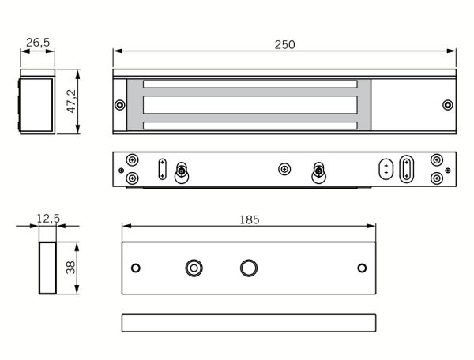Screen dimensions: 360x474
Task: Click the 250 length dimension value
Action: point(284,44)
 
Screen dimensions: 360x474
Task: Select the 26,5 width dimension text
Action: point(36,42)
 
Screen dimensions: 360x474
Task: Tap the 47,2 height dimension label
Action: point(72,102)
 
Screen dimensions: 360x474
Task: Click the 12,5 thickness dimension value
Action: point(47,219)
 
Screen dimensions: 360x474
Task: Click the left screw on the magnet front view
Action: point(119,105)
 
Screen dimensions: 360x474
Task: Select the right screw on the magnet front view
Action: point(447,105)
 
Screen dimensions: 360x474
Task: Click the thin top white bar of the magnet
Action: point(250,84)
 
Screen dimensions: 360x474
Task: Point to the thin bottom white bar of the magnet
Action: point(250,125)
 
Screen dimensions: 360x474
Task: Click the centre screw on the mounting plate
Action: point(285,169)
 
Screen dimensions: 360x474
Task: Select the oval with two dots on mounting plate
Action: point(386,168)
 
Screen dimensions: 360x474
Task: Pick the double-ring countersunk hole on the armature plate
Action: point(193,268)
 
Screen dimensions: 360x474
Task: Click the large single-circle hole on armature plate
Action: point(249,268)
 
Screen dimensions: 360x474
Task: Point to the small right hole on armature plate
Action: point(363,268)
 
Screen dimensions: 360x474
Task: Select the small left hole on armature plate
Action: point(136,268)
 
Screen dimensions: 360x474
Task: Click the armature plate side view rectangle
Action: point(249,322)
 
